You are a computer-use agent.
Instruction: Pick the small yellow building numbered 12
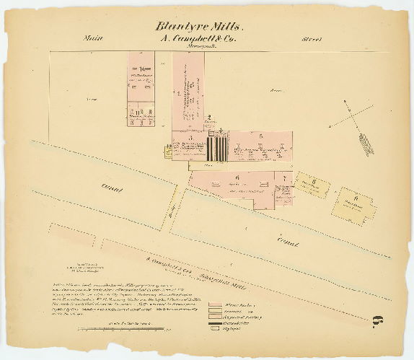pos(170,149)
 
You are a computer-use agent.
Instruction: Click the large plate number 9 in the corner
pos(376,324)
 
